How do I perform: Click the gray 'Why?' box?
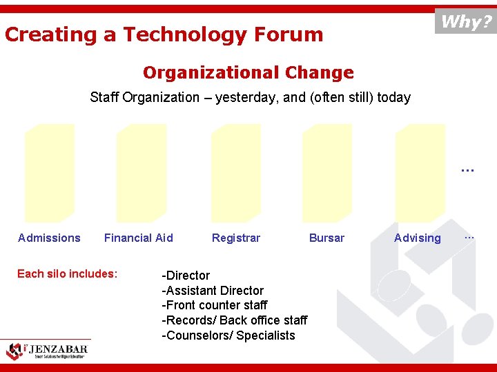[465, 21]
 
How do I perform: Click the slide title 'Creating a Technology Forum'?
[164, 34]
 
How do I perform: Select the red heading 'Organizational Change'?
[248, 72]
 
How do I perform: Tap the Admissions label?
[49, 238]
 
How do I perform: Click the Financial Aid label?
[138, 238]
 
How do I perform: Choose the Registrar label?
[236, 238]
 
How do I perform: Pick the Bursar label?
[327, 238]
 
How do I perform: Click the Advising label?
[417, 238]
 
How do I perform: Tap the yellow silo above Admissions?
[49, 173]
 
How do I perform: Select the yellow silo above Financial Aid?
[142, 173]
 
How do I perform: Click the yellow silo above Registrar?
[234, 173]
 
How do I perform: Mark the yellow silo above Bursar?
[327, 173]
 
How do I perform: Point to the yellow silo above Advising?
[420, 173]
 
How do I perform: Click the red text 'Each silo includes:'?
[68, 273]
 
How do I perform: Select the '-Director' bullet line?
[186, 276]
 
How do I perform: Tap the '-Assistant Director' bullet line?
[213, 291]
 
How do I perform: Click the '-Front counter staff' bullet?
[215, 305]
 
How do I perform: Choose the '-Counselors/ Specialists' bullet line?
[228, 335]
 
